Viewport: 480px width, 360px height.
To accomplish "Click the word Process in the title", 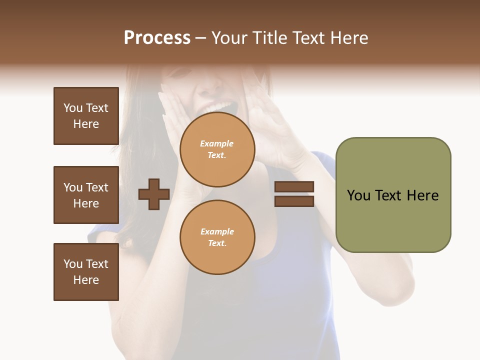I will click(x=157, y=38).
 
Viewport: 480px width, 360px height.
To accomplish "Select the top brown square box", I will click(x=86, y=116).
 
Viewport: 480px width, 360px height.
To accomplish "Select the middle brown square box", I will click(x=86, y=195).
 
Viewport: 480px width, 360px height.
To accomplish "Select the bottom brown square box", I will click(x=86, y=272).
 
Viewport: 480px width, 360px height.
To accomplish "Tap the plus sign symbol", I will click(x=154, y=194).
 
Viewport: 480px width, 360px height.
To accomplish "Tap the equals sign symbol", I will click(x=294, y=194).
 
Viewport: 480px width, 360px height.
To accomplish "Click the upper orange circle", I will click(x=217, y=149).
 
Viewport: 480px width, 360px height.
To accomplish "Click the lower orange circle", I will click(x=217, y=237).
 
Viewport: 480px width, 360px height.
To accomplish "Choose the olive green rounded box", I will click(x=393, y=195).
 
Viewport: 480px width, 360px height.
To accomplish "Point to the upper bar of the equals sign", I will click(x=294, y=187).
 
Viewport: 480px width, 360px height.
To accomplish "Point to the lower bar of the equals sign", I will click(x=294, y=201).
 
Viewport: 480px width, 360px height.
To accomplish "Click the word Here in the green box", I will click(x=422, y=195).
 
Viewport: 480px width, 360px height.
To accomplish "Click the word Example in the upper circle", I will click(x=217, y=143).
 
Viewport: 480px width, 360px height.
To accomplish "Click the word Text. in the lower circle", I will click(x=217, y=243).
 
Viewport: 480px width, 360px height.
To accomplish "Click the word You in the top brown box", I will click(x=73, y=108).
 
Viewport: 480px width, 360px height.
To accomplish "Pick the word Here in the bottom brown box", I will click(x=86, y=280).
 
